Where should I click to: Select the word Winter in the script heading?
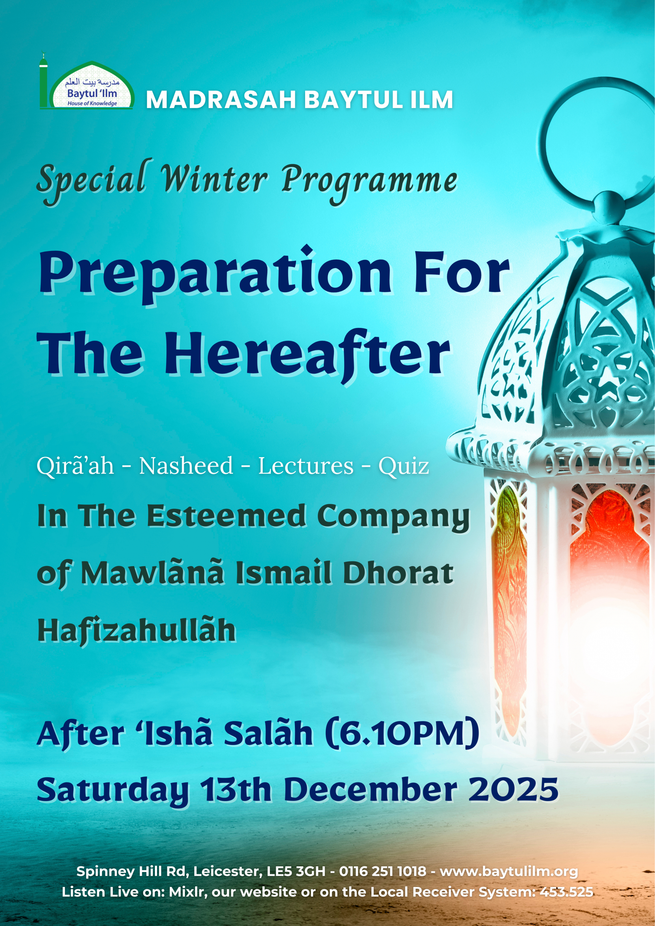tap(214, 180)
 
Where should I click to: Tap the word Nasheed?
tap(186, 466)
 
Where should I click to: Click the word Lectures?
tap(305, 466)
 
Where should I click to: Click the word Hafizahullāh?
tap(136, 630)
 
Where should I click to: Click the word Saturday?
tap(113, 790)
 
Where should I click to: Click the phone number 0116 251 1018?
tap(383, 871)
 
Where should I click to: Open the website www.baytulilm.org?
tap(508, 871)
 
